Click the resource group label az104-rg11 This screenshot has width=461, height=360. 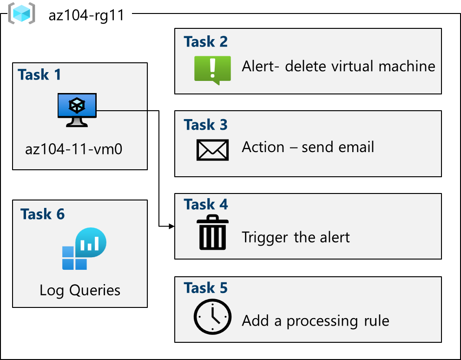(86, 15)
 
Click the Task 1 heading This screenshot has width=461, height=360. (40, 74)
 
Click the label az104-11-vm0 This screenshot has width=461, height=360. (74, 149)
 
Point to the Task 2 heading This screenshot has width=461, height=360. (205, 42)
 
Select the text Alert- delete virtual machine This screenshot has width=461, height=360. (338, 66)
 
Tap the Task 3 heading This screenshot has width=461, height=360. (205, 125)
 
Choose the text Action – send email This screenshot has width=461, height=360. (308, 147)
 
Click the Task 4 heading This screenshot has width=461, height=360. (205, 204)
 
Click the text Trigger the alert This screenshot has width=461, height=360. (296, 238)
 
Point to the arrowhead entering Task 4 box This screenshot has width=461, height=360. (171, 226)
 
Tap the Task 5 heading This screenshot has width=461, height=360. (205, 288)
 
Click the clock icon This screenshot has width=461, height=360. (212, 317)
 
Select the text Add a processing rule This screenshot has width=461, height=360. (315, 321)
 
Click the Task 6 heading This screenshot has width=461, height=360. (42, 214)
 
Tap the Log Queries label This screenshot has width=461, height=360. (80, 291)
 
